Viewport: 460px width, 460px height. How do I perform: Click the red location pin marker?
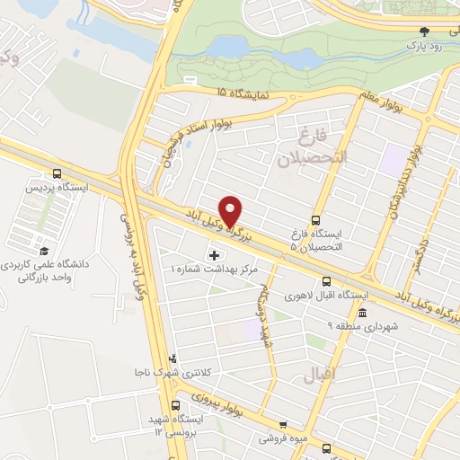click(231, 211)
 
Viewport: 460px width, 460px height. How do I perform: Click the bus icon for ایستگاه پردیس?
click(57, 174)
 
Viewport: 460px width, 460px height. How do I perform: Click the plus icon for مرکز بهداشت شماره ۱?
click(213, 254)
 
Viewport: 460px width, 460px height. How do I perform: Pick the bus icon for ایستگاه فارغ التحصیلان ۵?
click(315, 220)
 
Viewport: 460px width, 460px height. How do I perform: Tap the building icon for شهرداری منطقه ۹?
click(361, 313)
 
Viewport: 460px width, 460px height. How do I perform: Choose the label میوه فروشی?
click(282, 438)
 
